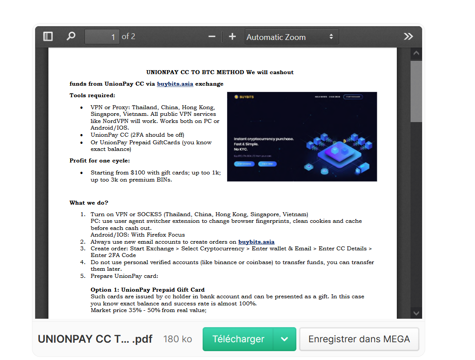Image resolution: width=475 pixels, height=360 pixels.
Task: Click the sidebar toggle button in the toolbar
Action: click(48, 36)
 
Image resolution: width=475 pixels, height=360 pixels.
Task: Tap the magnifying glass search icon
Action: click(71, 36)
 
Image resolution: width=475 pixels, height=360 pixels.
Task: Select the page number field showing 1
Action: click(102, 37)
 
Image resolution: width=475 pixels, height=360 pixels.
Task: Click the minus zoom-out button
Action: click(212, 36)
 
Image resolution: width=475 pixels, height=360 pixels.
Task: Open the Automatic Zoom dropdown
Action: click(291, 37)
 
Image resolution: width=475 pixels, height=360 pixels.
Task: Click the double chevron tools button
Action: click(408, 36)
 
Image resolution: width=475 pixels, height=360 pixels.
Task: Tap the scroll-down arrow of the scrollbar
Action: click(416, 313)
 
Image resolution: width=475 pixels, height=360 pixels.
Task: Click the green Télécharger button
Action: click(238, 339)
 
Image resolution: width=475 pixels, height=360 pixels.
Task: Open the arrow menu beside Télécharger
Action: click(285, 339)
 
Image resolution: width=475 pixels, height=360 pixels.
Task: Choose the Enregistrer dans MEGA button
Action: click(359, 339)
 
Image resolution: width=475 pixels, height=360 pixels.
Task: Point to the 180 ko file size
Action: click(178, 339)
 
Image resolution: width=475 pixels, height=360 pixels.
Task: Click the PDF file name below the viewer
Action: click(95, 339)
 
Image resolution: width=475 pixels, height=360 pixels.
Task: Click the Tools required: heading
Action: click(92, 95)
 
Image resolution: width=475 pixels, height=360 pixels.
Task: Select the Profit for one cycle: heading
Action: click(100, 161)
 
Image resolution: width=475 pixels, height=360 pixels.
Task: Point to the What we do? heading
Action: click(89, 203)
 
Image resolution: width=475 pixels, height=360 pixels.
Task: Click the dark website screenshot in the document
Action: click(302, 137)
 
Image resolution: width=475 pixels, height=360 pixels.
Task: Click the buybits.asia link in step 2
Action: click(256, 242)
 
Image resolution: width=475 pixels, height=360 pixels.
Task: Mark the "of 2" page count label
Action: click(128, 36)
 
